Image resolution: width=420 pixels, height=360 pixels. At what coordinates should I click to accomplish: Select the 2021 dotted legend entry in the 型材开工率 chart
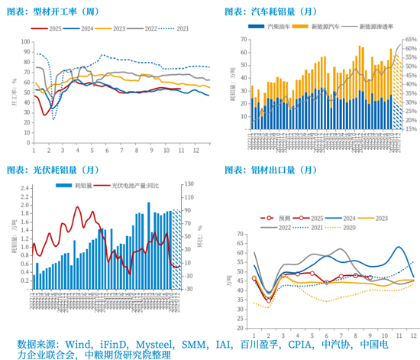click(177, 29)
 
